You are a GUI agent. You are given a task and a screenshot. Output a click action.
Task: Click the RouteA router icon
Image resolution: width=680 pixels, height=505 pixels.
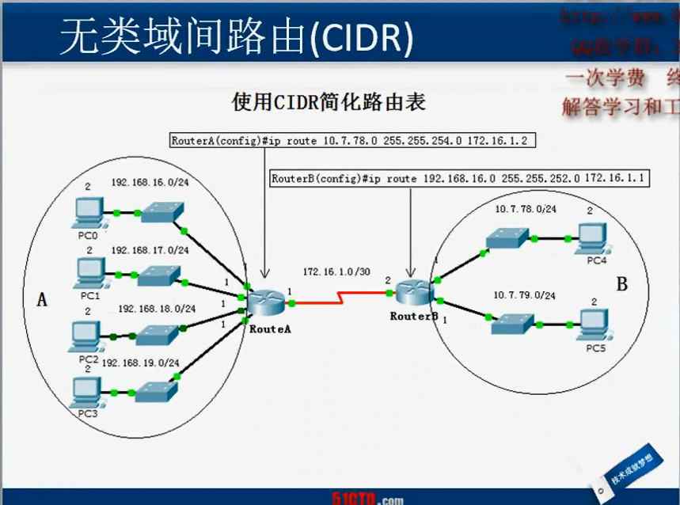point(265,302)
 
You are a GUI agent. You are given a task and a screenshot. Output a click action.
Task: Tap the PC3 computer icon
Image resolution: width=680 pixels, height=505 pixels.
point(85,391)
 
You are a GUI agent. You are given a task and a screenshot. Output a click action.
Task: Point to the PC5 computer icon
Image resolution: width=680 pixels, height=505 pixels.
point(593,324)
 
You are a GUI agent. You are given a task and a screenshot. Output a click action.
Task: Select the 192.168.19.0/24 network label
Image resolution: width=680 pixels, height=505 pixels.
point(140,363)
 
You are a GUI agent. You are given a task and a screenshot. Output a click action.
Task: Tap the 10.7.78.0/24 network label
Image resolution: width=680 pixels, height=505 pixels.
point(526,209)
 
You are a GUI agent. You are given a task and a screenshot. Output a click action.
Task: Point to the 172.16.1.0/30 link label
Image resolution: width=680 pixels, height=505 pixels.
point(336,271)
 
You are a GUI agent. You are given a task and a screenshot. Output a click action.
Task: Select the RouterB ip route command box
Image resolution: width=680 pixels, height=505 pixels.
point(459,179)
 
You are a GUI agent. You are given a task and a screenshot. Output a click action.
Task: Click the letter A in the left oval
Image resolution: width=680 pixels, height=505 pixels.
point(42,299)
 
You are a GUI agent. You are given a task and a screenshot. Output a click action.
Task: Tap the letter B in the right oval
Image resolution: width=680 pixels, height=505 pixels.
point(621,284)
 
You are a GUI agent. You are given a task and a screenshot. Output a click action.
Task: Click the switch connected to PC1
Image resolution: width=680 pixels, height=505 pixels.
point(158,275)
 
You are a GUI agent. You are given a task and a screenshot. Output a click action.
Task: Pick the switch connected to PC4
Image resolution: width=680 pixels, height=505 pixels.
point(507,237)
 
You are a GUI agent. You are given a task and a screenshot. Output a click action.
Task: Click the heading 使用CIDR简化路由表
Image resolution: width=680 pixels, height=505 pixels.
point(329,102)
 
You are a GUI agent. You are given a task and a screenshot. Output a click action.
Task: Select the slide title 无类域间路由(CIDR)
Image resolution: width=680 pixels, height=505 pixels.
point(236,37)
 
